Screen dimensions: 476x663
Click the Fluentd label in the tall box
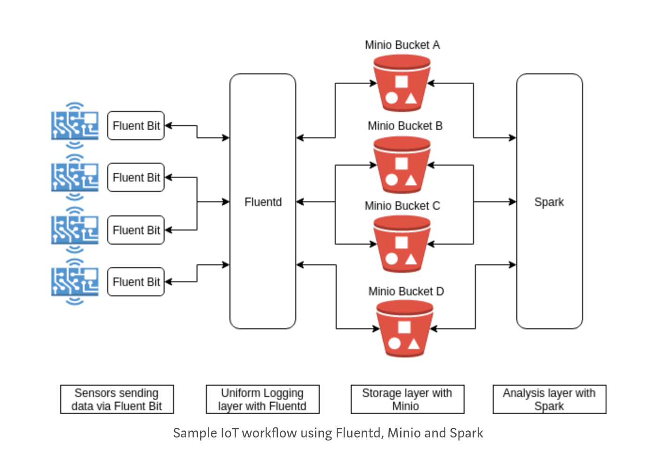(263, 202)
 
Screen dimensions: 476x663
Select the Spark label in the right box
(549, 202)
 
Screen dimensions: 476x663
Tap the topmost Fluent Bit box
(136, 126)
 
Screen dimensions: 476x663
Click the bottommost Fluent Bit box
(136, 282)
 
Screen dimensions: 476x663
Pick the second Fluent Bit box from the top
(136, 177)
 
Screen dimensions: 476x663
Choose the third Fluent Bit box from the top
(136, 230)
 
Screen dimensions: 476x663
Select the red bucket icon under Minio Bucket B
(402, 165)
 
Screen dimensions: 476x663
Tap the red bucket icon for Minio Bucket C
(402, 244)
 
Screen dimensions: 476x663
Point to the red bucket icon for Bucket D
(404, 329)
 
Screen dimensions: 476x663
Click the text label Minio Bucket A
(402, 45)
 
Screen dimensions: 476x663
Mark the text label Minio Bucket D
(406, 292)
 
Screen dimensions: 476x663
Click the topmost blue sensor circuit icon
(75, 126)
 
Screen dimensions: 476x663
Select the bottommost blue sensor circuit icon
(75, 282)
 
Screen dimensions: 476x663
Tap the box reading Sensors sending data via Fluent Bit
(117, 399)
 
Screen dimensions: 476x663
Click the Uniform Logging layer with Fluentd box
(262, 399)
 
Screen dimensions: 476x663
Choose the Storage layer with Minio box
(407, 399)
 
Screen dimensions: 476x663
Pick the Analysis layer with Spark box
(549, 399)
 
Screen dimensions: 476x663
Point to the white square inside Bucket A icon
(401, 81)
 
